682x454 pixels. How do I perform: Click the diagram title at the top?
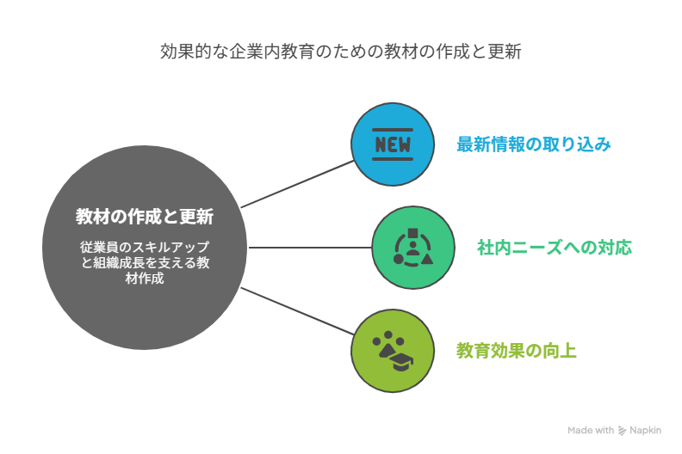pos(340,52)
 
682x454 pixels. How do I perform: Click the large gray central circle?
pos(145,247)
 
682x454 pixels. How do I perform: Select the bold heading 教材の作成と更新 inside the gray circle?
pos(145,217)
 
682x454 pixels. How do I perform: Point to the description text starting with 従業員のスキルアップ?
pos(145,262)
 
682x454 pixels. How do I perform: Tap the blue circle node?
pos(393,144)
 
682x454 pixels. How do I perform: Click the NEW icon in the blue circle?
pos(393,144)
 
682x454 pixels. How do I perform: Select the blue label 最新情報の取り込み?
pos(534,144)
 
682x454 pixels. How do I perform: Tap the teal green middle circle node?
pos(413,247)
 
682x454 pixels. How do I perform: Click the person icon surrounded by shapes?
pos(413,247)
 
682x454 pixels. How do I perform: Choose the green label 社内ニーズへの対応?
pos(555,247)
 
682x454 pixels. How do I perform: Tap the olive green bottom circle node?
pos(393,351)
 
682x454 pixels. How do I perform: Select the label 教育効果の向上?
pos(517,351)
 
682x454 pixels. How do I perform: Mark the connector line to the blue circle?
pos(297,184)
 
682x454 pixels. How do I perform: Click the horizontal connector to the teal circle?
pos(310,248)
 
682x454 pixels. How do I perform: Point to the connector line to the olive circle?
pos(297,311)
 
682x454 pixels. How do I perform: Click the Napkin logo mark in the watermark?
pos(623,431)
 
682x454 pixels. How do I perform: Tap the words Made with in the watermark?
pos(591,430)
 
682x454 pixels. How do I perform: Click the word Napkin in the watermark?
pos(646,430)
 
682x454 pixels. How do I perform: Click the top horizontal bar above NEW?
pos(393,130)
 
